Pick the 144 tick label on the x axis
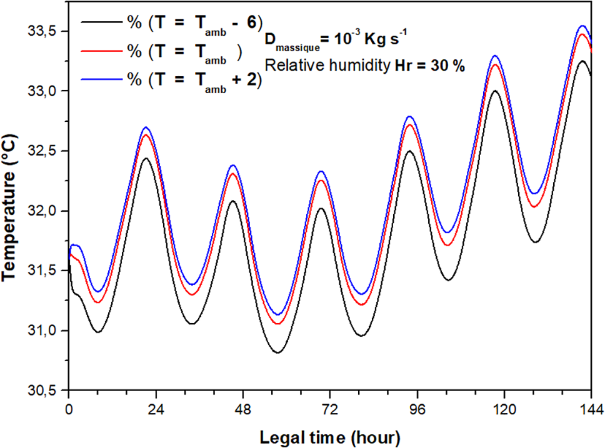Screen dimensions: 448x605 pyautogui.click(x=590, y=409)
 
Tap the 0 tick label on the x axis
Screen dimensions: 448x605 pyautogui.click(x=69, y=409)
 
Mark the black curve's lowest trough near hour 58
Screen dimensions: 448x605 pyautogui.click(x=278, y=352)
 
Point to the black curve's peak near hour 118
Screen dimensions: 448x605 pyautogui.click(x=495, y=91)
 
